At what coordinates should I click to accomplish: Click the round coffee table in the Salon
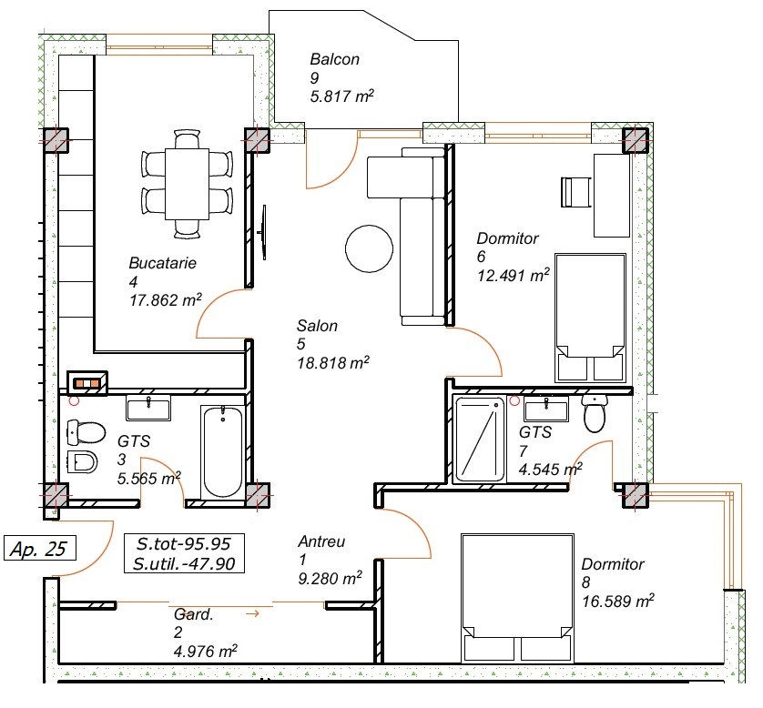tap(369, 248)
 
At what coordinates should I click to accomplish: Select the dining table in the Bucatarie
tap(187, 185)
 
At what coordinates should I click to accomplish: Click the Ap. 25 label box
tap(40, 548)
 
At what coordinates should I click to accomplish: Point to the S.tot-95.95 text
tap(183, 543)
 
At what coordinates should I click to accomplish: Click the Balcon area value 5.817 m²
tap(342, 96)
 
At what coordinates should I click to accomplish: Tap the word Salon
tap(317, 325)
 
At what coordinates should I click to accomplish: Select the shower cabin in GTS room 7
tap(479, 440)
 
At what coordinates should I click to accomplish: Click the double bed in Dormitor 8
tap(517, 599)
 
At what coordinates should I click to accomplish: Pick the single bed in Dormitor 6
tap(590, 318)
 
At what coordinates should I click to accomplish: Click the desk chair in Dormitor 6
tap(576, 192)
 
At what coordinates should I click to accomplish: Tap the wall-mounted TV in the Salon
tap(263, 232)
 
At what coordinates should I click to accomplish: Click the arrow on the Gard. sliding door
tap(252, 613)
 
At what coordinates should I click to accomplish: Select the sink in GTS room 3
tap(148, 408)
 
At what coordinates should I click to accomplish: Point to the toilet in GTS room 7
tap(595, 412)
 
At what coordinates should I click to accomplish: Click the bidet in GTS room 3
tap(82, 462)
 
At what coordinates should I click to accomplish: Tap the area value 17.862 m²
tap(166, 300)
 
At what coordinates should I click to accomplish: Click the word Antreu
tap(321, 541)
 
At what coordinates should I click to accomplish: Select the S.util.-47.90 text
tap(184, 563)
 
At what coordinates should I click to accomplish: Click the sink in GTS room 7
tap(546, 409)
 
